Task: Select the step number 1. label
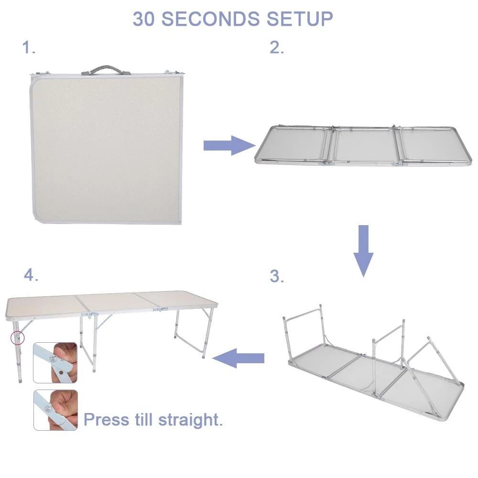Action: pyautogui.click(x=29, y=48)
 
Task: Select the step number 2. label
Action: pyautogui.click(x=277, y=48)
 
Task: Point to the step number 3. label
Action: pyautogui.click(x=277, y=276)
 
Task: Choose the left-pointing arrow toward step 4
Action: pyautogui.click(x=239, y=358)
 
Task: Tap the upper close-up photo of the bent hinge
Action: pyautogui.click(x=55, y=362)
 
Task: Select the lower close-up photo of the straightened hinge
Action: pyautogui.click(x=55, y=410)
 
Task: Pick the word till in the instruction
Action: pyautogui.click(x=143, y=420)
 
